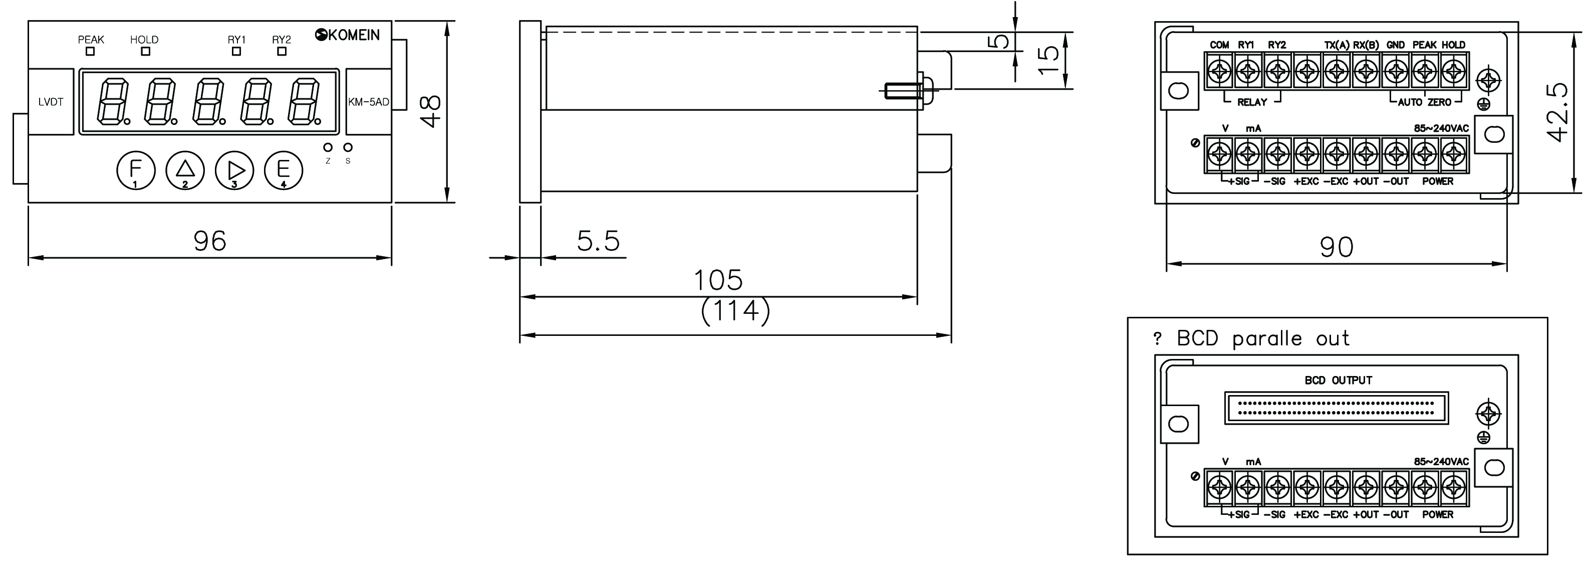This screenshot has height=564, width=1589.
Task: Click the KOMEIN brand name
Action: point(354,35)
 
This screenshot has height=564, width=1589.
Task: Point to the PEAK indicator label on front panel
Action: point(91,40)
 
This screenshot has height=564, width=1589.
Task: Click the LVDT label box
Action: point(51,102)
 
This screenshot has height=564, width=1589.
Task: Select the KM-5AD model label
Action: point(369,102)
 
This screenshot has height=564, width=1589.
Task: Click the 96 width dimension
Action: point(210,241)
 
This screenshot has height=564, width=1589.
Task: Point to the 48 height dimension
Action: point(430,111)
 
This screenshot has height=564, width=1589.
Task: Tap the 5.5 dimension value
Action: point(598,241)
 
